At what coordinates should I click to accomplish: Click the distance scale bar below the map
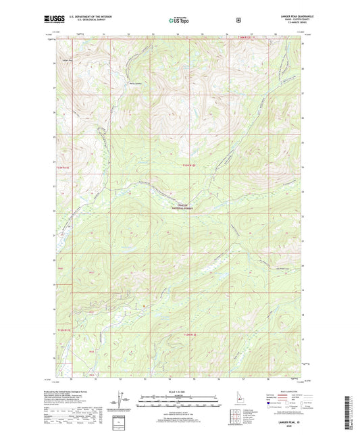click(x=179, y=403)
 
